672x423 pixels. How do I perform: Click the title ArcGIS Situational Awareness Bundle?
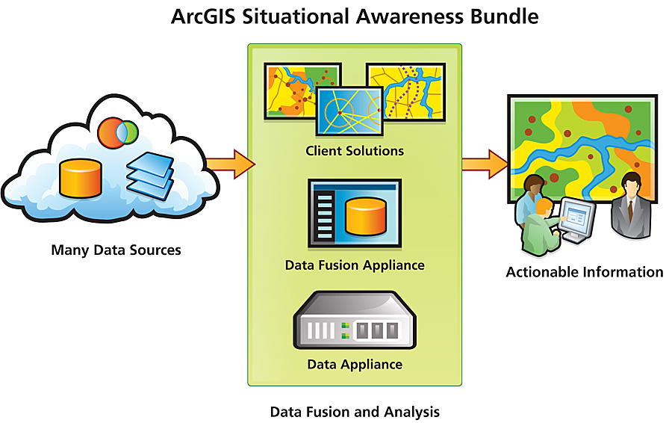coord(354,16)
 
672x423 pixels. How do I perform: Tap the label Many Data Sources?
coord(116,250)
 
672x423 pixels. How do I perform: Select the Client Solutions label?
coord(355,151)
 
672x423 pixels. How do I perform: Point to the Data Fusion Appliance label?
coord(355,265)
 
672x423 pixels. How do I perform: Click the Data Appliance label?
coord(355,365)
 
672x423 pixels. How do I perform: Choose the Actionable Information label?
coord(585,272)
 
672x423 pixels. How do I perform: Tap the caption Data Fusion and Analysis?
coord(355,412)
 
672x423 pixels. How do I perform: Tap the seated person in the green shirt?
coord(539,228)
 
